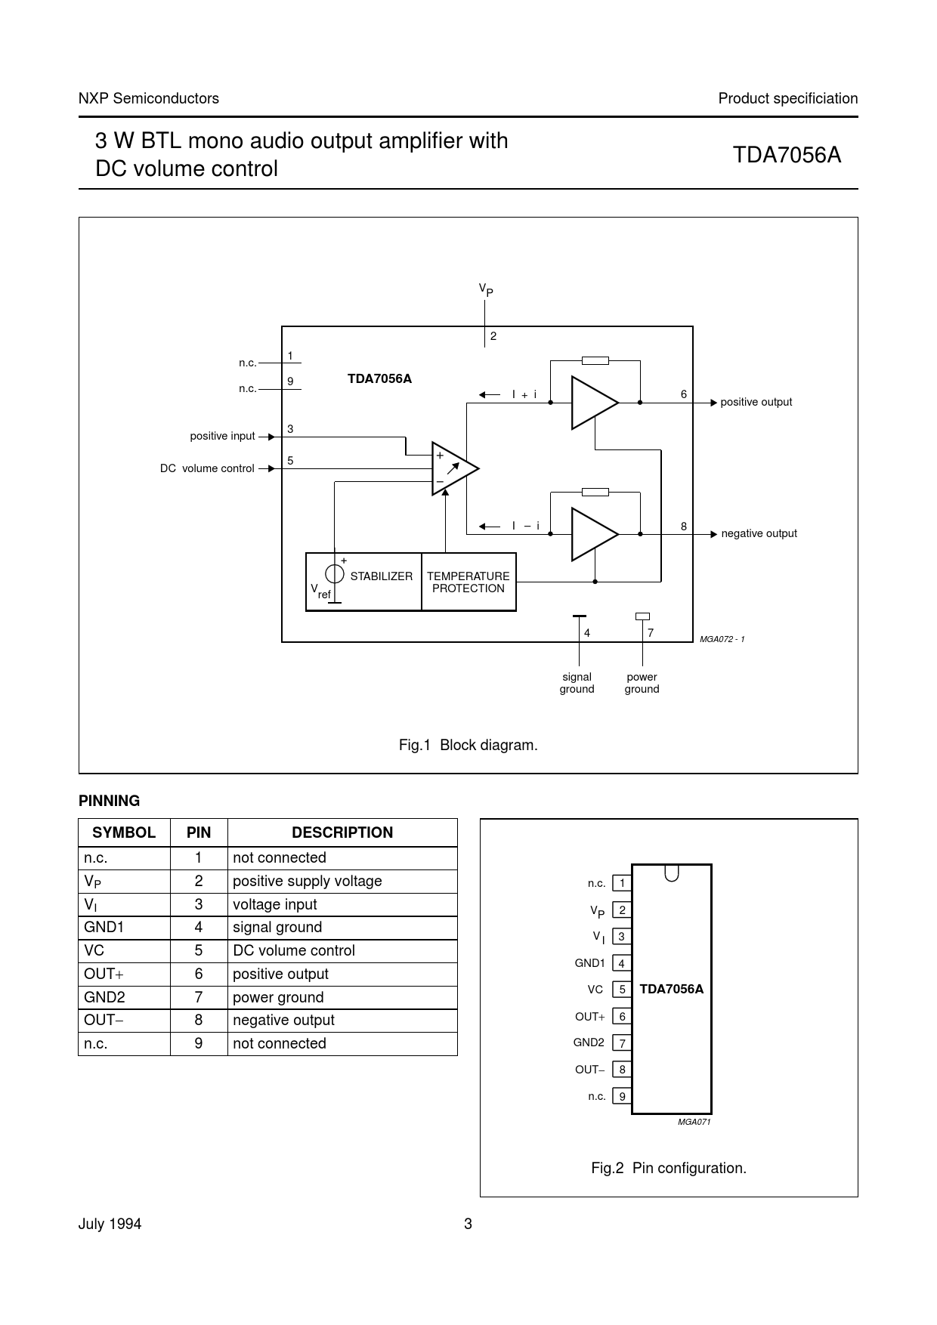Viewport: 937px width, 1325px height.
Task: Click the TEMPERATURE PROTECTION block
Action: [x=468, y=582]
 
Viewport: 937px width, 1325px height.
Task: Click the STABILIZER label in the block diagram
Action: [x=382, y=576]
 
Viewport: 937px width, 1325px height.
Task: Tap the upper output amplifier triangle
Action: [x=592, y=403]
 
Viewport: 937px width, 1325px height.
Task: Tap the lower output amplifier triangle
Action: [x=592, y=534]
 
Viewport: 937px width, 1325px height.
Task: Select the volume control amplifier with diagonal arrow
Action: [x=453, y=468]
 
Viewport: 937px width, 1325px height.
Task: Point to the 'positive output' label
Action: [x=756, y=403]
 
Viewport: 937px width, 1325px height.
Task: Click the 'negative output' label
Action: [x=759, y=534]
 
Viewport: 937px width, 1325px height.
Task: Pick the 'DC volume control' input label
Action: [x=207, y=468]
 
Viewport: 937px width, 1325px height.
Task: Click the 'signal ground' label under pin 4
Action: [x=577, y=683]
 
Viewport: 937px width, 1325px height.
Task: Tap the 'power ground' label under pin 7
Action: [x=642, y=683]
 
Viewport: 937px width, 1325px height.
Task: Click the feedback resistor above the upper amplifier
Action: [x=595, y=361]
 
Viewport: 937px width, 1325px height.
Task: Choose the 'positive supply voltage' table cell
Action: [x=307, y=881]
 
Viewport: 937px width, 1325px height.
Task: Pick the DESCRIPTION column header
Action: [x=342, y=832]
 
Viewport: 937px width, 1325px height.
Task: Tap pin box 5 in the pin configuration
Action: [x=622, y=990]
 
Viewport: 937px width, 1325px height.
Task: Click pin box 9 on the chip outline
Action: [x=622, y=1096]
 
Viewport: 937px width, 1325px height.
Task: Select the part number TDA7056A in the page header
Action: [x=787, y=155]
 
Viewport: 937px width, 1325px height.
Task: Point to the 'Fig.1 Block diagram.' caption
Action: [x=468, y=746]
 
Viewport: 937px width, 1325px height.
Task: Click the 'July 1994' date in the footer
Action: [x=110, y=1225]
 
